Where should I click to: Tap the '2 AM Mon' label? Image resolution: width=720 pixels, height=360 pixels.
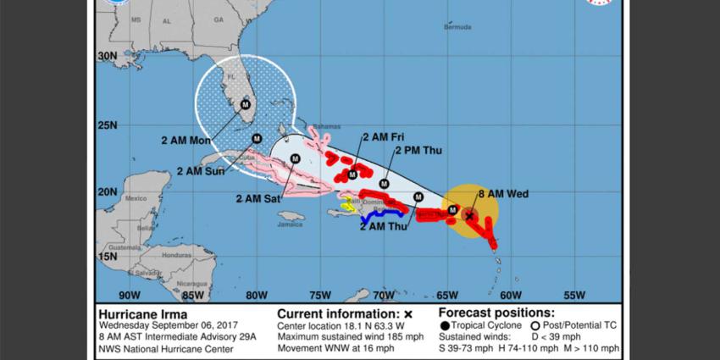186,141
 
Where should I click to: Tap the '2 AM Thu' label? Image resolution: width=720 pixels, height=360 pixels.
385,226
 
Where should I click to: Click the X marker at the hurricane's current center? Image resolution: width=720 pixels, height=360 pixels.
470,216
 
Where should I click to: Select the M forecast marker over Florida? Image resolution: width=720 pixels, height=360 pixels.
246,104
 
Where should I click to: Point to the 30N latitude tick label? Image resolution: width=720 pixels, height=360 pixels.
107,56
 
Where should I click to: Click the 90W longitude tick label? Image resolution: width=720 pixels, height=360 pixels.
130,296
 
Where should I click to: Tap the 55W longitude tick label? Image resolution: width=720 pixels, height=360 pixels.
574,296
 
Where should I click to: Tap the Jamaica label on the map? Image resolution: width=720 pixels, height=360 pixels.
291,224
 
